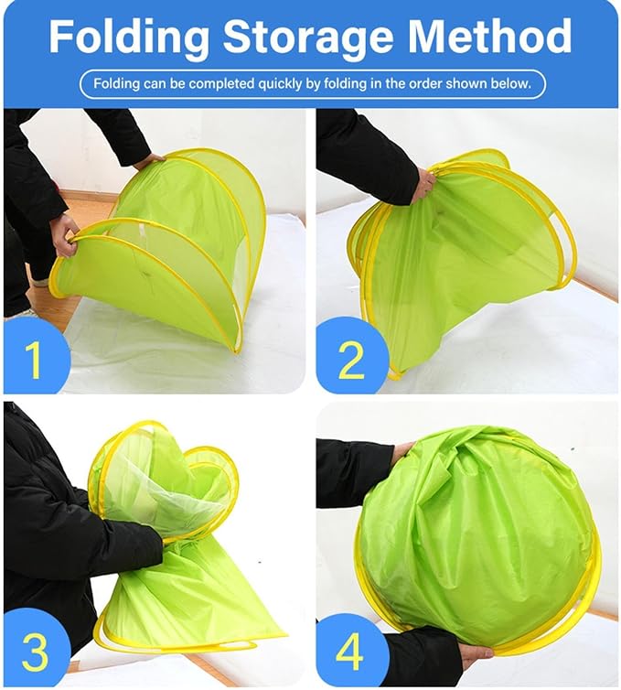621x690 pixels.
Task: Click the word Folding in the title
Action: coord(128,37)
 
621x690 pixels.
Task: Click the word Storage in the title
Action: coord(308,36)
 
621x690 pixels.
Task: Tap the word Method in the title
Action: coord(490,36)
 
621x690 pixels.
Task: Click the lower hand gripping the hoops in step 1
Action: coord(66,234)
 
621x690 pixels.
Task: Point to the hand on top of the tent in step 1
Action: coord(149,161)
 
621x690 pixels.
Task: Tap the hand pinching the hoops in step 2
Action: coord(425,184)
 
